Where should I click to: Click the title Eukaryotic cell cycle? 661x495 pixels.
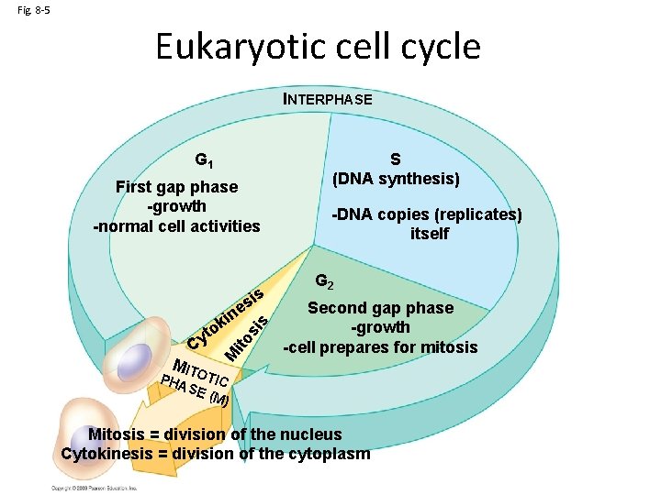pos(318,46)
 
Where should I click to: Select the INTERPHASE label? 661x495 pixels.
pos(328,99)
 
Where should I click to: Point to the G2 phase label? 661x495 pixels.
pos(324,281)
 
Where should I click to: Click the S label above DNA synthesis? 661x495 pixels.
pos(396,159)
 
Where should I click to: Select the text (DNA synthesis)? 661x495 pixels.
pos(396,177)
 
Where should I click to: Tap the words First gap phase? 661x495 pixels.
pos(176,187)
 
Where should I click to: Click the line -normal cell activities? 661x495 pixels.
pos(177,225)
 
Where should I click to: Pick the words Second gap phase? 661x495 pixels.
pos(380,308)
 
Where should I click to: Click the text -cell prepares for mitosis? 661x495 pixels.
pos(380,347)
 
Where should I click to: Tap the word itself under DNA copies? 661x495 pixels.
pos(430,234)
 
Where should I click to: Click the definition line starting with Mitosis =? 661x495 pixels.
pos(215,434)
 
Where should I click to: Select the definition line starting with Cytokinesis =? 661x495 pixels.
pos(216,453)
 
